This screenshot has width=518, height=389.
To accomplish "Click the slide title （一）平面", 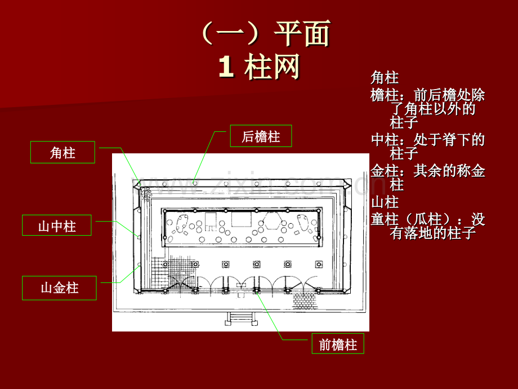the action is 265,33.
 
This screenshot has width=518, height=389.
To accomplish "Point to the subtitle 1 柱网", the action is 260,67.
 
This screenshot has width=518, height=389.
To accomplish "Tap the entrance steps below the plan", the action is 241,319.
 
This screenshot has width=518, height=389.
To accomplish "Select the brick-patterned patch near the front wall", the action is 305,300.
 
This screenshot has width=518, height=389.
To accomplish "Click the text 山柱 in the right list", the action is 385,202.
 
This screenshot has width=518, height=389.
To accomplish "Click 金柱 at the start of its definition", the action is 385,171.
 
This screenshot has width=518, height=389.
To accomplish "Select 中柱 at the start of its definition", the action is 385,140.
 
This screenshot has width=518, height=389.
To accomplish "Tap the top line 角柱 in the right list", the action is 385,78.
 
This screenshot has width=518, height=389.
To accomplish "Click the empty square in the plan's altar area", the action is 241,219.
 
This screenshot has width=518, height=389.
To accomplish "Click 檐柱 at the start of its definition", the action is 385,95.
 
